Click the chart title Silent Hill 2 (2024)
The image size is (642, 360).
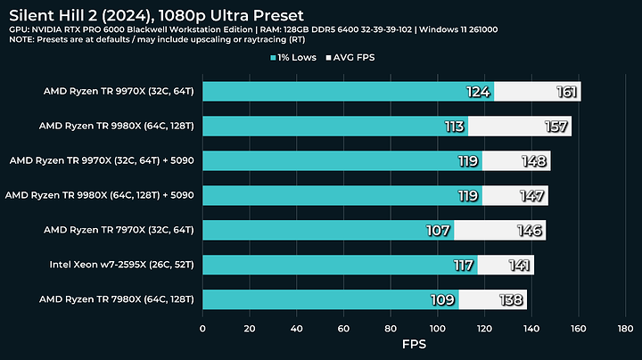tap(156, 15)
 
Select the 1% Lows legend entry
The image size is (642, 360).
tap(299, 58)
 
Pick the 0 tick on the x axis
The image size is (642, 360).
tap(203, 327)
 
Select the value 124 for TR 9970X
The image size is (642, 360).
tap(478, 92)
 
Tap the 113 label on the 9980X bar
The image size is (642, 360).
tap(453, 127)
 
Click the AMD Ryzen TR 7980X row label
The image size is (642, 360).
tap(130, 299)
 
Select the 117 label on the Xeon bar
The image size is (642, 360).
tap(462, 265)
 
